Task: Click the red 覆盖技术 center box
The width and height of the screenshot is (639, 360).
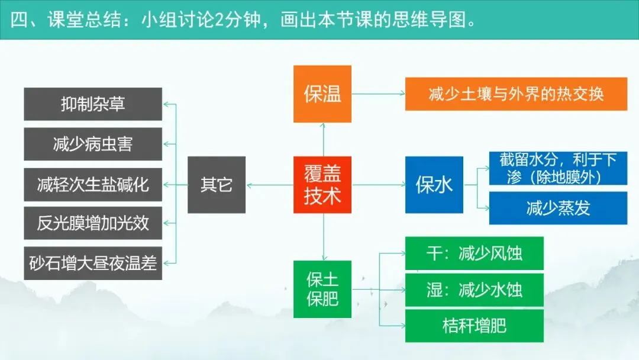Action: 322,185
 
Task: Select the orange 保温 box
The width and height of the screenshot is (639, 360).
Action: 322,94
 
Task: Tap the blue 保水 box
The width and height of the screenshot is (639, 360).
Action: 434,185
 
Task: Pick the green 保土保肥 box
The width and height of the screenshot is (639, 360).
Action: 322,288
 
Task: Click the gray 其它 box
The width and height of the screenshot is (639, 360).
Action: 217,185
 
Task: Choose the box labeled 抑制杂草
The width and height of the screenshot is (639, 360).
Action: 93,104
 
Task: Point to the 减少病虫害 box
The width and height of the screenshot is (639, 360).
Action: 93,144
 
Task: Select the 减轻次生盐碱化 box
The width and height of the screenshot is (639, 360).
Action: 93,184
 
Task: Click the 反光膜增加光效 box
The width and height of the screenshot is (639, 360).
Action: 93,224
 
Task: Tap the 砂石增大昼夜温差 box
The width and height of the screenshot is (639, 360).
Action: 93,263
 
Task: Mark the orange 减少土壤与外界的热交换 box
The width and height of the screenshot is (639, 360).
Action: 516,94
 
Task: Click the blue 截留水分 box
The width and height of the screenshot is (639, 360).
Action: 558,168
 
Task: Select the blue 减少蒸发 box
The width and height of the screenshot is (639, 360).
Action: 558,208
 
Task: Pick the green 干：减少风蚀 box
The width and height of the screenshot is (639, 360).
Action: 474,253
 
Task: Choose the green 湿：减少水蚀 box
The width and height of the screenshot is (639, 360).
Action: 474,290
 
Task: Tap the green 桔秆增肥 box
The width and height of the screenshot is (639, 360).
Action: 474,325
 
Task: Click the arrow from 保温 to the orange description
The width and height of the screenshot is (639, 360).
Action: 378,94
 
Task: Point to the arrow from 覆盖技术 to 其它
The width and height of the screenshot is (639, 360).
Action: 269,185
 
